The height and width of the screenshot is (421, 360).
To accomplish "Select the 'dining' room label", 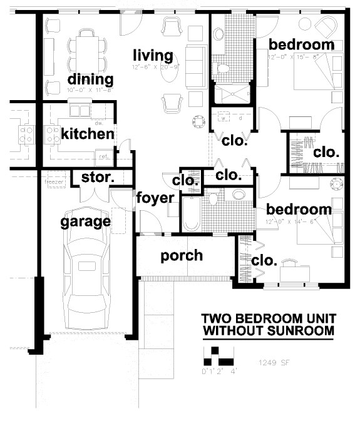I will (90, 80).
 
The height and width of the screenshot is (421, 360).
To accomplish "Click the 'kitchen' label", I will (88, 134).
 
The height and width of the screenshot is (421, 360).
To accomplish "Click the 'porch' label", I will (182, 255).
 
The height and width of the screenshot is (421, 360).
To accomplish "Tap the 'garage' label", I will (86, 221).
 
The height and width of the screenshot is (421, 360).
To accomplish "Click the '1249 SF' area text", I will (274, 362).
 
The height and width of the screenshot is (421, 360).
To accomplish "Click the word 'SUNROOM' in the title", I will (300, 330).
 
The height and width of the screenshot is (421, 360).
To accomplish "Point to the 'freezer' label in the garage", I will (51, 183).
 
